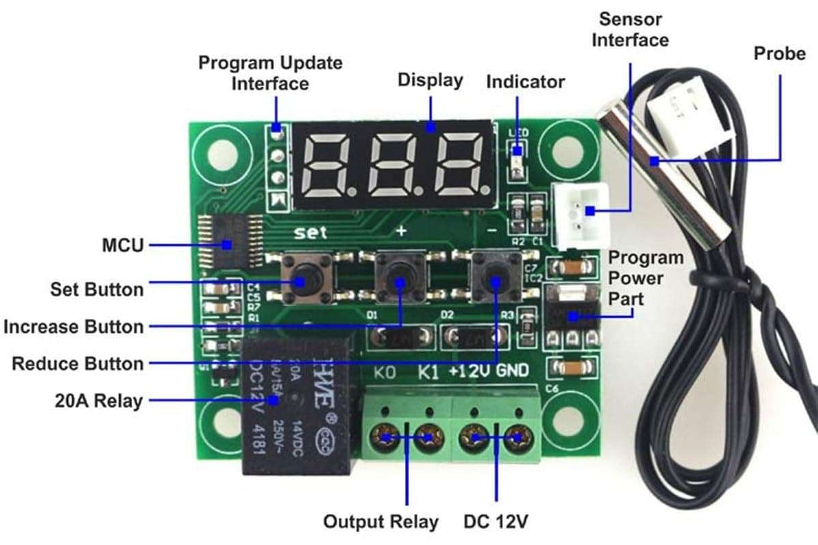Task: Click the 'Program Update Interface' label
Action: click(271, 73)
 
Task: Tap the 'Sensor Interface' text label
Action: click(630, 29)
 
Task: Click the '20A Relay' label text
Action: click(99, 401)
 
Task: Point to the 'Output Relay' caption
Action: click(380, 523)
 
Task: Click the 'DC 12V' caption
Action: click(496, 523)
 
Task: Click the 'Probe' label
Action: click(779, 53)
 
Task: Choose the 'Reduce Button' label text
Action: click(78, 363)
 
